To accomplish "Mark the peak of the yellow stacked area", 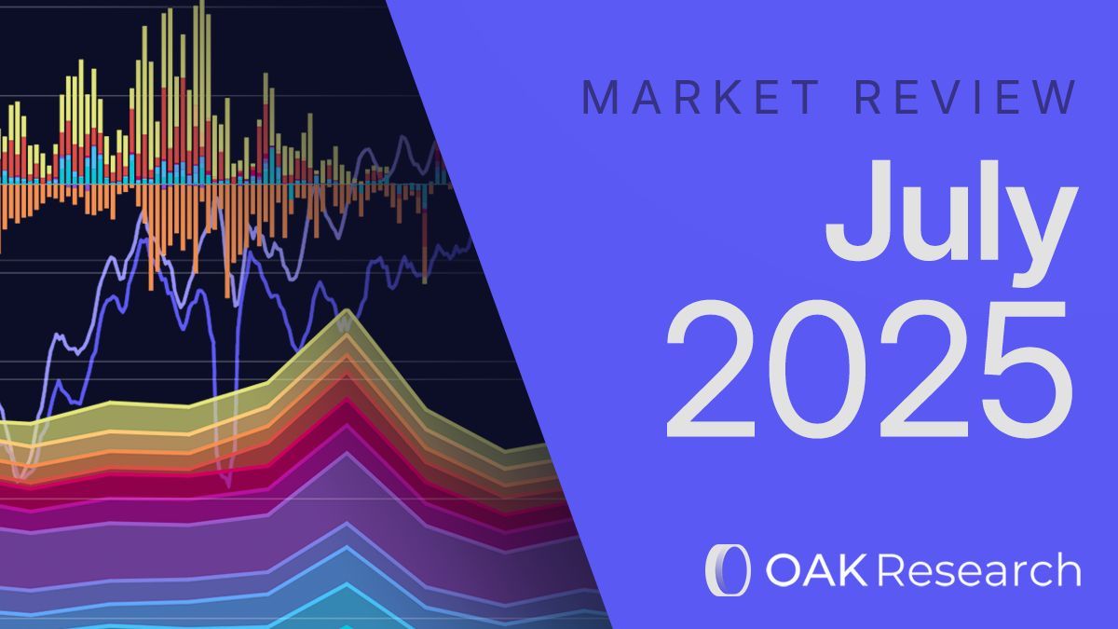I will [x=347, y=311].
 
